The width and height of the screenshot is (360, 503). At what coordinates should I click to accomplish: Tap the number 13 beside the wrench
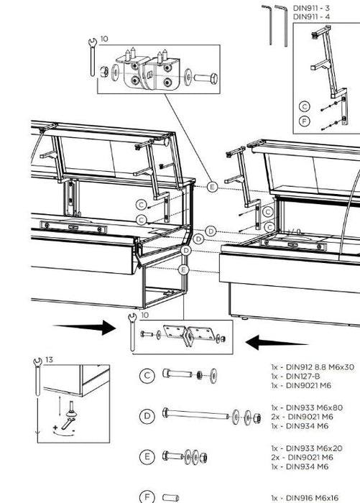point(49,359)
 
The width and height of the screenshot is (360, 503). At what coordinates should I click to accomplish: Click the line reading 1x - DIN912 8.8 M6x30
point(313,367)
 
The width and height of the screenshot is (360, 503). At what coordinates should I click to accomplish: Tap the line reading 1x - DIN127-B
point(297,377)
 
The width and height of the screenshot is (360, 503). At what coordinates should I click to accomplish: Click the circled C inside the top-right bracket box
point(305,106)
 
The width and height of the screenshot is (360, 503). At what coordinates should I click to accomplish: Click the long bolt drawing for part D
point(194,415)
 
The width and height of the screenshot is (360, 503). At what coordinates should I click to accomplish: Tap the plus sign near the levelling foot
point(56,428)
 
